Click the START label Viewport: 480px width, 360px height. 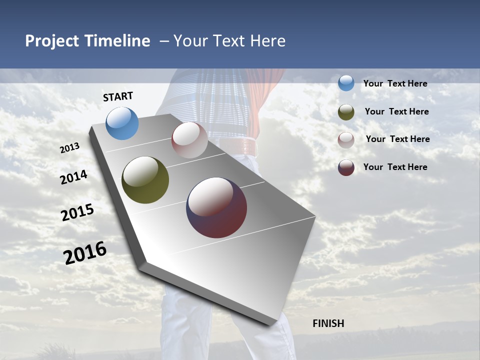[x=118, y=96]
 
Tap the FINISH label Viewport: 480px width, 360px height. [x=328, y=323]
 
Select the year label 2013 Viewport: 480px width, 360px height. [x=70, y=148]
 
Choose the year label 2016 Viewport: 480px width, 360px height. [x=85, y=252]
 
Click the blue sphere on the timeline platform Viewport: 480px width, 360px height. [x=122, y=123]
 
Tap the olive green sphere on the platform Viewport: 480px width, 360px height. [x=145, y=180]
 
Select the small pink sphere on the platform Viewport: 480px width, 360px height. [x=189, y=140]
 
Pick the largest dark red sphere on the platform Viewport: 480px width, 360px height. [x=216, y=207]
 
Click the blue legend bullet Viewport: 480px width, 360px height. [x=346, y=83]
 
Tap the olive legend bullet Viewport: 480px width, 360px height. [x=346, y=112]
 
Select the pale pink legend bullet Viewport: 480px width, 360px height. [x=346, y=139]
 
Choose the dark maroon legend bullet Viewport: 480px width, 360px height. [x=346, y=167]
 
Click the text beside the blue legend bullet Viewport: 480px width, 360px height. [x=395, y=83]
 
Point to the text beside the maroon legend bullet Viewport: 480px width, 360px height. [x=395, y=167]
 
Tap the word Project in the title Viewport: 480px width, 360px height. [x=52, y=41]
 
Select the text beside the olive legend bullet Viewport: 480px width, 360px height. [x=396, y=111]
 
